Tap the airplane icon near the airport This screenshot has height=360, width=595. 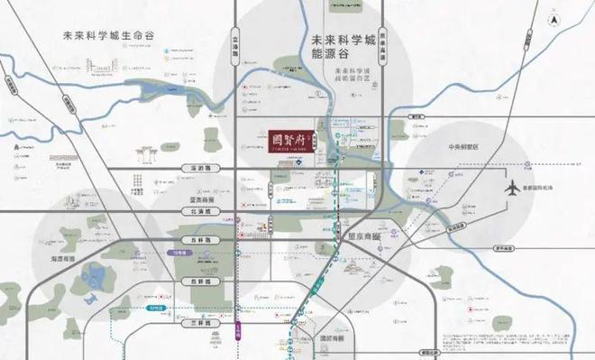[514, 189]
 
